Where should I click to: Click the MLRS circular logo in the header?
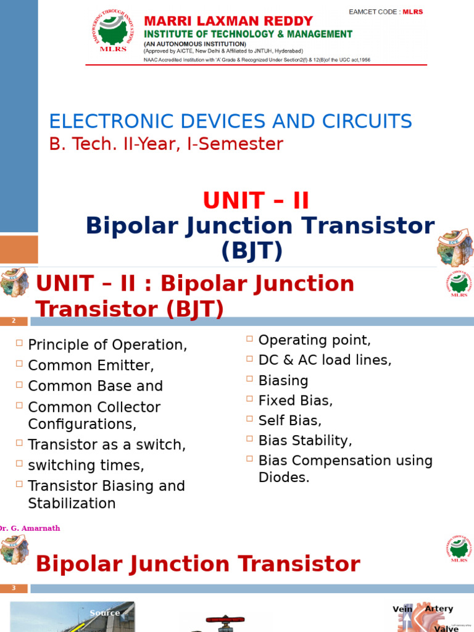pos(113,32)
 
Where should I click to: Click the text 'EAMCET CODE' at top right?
pos(375,12)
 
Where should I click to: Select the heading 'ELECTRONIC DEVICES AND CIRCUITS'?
pos(230,121)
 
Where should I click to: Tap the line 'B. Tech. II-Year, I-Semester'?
pos(166,144)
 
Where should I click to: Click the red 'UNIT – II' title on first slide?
pos(256,201)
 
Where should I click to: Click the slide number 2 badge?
pos(14,321)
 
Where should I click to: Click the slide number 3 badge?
pos(14,588)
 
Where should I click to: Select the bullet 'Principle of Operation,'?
pos(107,345)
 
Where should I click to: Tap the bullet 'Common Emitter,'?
pos(91,365)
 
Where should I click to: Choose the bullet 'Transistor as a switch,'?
pos(107,445)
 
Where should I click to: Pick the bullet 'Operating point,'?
pos(315,340)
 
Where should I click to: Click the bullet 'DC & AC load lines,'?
pos(325,360)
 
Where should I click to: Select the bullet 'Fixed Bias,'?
pos(296,401)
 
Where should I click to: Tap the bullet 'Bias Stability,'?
pos(306,441)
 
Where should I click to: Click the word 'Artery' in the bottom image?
pos(439,609)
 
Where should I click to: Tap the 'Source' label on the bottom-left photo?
pos(104,613)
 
